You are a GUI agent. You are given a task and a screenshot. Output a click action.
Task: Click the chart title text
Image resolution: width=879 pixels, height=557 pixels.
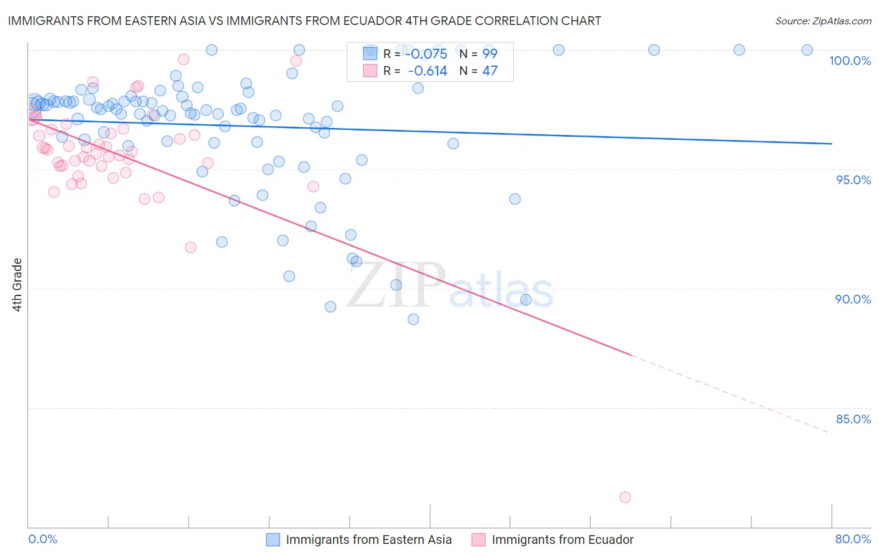[x=304, y=21]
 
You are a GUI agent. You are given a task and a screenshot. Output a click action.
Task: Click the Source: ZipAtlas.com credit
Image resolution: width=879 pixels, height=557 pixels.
[x=823, y=21]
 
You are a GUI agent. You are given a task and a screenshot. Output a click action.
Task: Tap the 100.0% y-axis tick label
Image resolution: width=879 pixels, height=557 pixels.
[x=850, y=61]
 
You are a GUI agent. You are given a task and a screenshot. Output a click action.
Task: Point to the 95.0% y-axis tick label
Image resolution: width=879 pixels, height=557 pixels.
[x=853, y=180]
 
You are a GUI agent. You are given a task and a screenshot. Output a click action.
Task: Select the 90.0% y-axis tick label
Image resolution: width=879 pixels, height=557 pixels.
[x=853, y=299]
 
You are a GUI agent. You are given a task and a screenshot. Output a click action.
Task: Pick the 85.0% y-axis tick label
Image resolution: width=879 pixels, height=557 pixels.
[x=853, y=419]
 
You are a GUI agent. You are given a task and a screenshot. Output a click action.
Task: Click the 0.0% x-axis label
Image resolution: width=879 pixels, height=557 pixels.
[x=43, y=539]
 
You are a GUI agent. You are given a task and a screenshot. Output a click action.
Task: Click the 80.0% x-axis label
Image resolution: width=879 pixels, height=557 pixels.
[x=853, y=539]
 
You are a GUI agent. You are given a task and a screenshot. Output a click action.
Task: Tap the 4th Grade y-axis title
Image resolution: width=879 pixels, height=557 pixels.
[x=18, y=285]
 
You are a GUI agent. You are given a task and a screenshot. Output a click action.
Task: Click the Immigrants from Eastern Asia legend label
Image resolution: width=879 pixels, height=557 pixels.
[x=369, y=540]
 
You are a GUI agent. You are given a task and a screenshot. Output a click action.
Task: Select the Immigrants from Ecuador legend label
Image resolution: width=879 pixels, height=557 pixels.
[x=563, y=540]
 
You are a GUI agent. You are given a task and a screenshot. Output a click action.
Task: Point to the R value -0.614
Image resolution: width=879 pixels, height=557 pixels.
[x=428, y=71]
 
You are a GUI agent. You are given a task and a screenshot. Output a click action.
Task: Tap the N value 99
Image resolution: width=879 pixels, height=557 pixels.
[x=490, y=54]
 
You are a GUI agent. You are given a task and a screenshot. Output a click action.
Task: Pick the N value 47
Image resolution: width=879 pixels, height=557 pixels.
[x=490, y=71]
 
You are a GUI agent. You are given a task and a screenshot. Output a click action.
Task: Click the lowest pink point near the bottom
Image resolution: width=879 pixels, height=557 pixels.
[x=625, y=497]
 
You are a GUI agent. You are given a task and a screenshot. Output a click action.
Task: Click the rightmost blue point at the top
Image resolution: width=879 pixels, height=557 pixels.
[x=807, y=50]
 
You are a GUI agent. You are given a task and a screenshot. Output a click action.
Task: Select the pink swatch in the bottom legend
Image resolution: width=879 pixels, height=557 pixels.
[x=478, y=540]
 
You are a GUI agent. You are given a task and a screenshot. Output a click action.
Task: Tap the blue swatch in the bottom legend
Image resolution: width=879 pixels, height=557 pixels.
[x=273, y=540]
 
